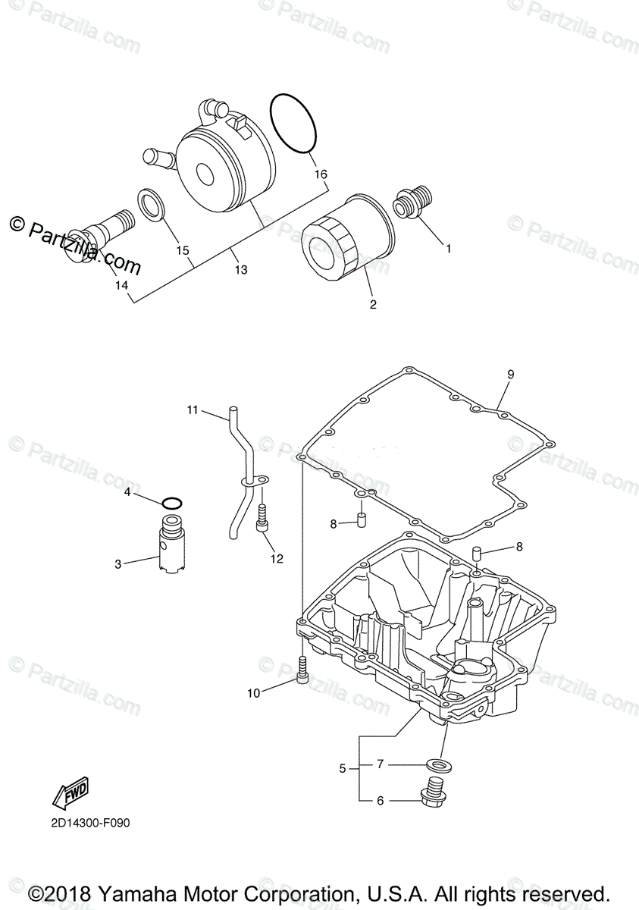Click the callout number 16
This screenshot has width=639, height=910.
pyautogui.click(x=321, y=174)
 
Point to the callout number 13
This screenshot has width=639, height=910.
pyautogui.click(x=240, y=269)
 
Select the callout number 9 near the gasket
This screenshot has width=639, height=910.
pyautogui.click(x=510, y=374)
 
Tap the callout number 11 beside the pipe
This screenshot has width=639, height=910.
pyautogui.click(x=193, y=410)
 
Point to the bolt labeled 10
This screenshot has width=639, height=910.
pyautogui.click(x=302, y=670)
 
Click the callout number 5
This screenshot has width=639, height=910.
pyautogui.click(x=343, y=768)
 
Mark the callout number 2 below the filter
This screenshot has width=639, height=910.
pyautogui.click(x=373, y=305)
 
